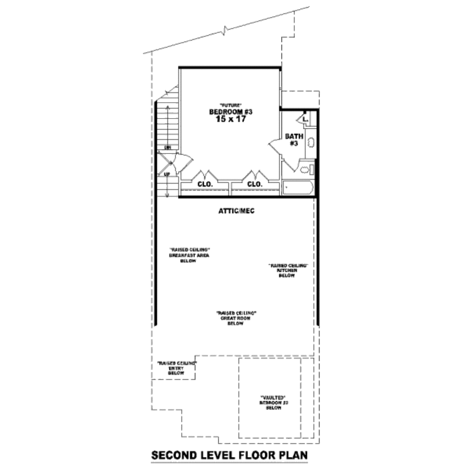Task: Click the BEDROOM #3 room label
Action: [x=231, y=112]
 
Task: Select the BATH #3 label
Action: [x=294, y=140]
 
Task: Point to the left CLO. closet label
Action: [x=205, y=184]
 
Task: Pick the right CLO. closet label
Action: [x=255, y=184]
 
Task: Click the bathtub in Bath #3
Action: [x=298, y=187]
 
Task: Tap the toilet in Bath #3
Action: [x=305, y=170]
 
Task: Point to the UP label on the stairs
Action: [x=167, y=175]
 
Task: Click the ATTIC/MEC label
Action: [x=236, y=212]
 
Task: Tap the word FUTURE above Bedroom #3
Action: [x=230, y=105]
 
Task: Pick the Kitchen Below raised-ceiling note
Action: [x=287, y=270]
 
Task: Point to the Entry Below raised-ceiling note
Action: [x=177, y=368]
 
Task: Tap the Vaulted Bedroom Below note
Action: [x=273, y=402]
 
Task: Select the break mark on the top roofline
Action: [x=224, y=32]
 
